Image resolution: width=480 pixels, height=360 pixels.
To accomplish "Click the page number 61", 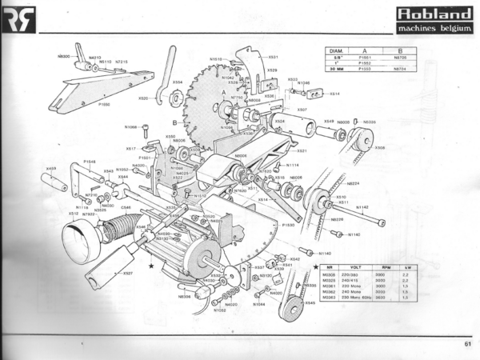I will click(466, 345).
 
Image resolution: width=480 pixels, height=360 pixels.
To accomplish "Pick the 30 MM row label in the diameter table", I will click(335, 70).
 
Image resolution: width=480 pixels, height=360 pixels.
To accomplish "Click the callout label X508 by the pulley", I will click(379, 148).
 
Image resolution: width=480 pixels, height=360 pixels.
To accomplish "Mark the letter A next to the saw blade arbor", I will click(224, 92).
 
